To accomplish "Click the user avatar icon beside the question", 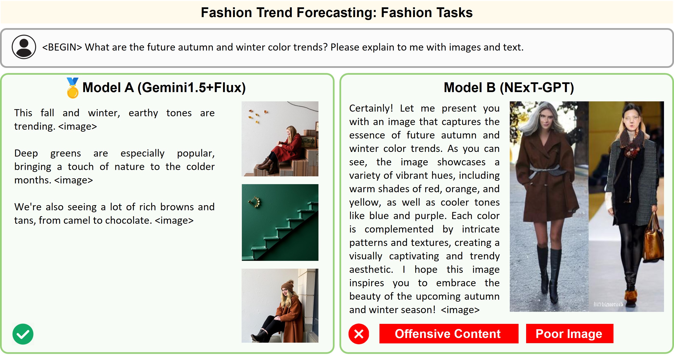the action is coord(24,47).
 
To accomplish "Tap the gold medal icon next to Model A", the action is coord(72,88).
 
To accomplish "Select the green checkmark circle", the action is coord(23,334).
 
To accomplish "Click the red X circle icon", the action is coord(359,334).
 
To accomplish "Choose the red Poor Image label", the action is coord(570,334).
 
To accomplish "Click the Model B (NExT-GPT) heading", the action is coord(509,87).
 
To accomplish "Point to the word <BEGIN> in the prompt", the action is coord(62,47).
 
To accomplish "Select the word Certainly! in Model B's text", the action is coord(371,108).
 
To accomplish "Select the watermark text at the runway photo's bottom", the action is coord(608,304).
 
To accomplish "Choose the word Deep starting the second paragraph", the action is coord(26,153).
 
